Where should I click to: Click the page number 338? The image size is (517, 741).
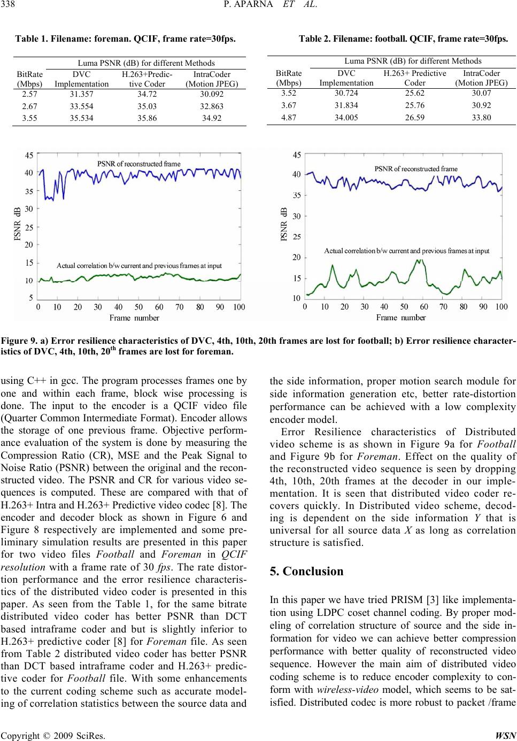(x=11, y=6)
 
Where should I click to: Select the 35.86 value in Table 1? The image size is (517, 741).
(x=147, y=119)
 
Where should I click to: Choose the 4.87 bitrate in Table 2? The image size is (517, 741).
(x=288, y=118)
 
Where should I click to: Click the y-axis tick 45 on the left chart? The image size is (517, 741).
(x=29, y=155)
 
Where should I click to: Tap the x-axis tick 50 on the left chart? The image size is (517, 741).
(x=139, y=307)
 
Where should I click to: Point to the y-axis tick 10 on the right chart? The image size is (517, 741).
(x=296, y=298)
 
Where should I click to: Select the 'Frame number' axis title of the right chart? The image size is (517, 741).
(x=401, y=318)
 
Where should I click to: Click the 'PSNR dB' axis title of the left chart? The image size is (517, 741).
(x=17, y=225)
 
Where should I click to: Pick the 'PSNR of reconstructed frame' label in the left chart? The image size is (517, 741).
(x=138, y=163)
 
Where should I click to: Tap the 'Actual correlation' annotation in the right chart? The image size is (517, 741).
(x=406, y=250)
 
